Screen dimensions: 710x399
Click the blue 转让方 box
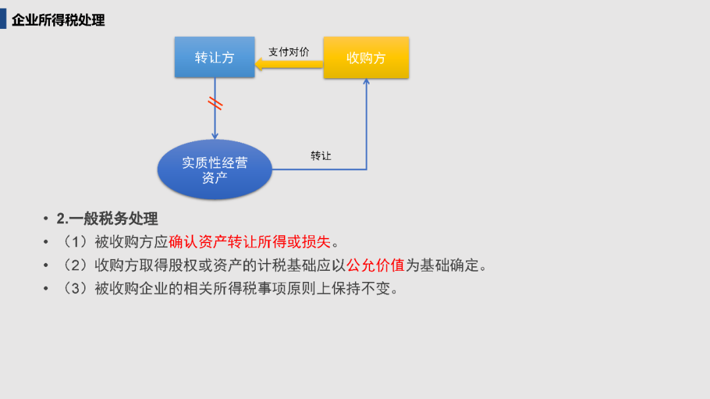[x=214, y=57]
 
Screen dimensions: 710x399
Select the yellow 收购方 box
[x=366, y=58]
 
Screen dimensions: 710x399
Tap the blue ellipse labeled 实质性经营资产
[x=214, y=170]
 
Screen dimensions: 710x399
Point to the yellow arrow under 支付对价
[x=289, y=63]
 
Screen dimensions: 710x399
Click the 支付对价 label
[x=289, y=52]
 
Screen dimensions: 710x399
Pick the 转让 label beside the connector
[x=321, y=156]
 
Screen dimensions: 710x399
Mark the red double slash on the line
[x=215, y=103]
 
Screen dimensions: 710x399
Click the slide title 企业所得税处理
[x=59, y=20]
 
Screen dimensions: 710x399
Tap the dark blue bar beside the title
[x=3, y=19]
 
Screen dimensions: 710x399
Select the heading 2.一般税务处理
[x=107, y=219]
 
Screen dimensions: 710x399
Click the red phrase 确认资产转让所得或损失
[x=250, y=242]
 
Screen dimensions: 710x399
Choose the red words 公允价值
[x=375, y=266]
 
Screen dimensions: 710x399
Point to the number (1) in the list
[x=75, y=242]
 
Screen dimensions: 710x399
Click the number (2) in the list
[x=75, y=266]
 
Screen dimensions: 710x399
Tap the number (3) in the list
[x=75, y=289]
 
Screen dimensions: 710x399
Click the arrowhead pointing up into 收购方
[x=366, y=82]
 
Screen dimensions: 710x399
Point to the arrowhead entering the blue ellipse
[x=215, y=136]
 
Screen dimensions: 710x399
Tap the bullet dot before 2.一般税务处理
[x=46, y=219]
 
